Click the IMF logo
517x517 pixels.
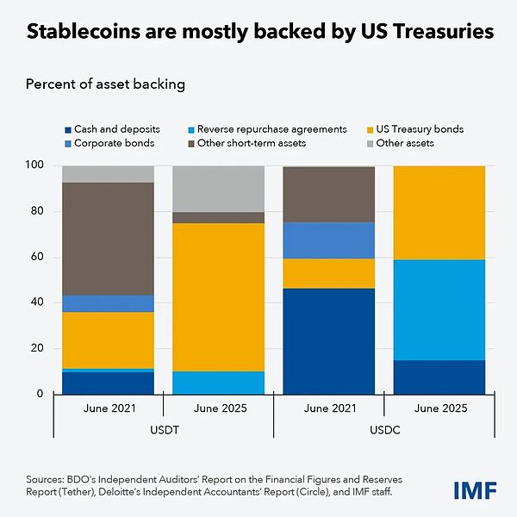click(x=475, y=490)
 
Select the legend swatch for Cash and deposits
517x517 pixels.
click(x=66, y=129)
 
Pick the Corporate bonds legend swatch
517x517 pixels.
click(x=66, y=143)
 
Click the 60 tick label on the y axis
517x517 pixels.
click(x=37, y=257)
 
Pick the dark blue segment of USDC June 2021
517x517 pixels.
click(x=329, y=341)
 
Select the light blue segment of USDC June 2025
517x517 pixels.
click(x=439, y=310)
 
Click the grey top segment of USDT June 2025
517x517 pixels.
click(x=219, y=189)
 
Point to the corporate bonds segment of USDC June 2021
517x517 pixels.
click(x=329, y=240)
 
